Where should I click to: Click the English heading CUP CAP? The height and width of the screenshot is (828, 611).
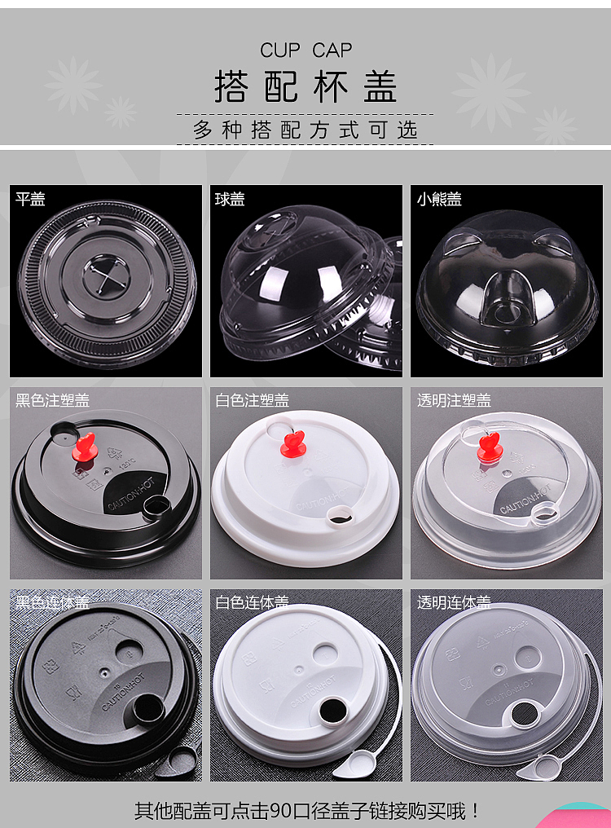click(305, 51)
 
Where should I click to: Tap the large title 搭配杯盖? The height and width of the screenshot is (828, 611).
click(305, 86)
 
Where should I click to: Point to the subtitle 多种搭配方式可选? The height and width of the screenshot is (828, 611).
click(305, 130)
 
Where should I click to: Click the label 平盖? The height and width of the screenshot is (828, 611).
click(31, 199)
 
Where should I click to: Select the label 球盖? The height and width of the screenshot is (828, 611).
click(230, 199)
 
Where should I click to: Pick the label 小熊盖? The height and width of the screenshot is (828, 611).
click(439, 199)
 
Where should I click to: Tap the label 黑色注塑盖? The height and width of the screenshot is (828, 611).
click(52, 400)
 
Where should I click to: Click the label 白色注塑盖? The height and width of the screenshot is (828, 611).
click(252, 400)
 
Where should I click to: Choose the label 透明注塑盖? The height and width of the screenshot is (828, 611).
click(454, 400)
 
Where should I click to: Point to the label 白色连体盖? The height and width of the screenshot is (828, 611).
click(252, 602)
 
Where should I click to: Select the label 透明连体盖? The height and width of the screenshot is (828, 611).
click(454, 602)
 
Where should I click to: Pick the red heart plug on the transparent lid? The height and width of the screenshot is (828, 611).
click(490, 446)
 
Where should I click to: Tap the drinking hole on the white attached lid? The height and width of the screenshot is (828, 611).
click(333, 709)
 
